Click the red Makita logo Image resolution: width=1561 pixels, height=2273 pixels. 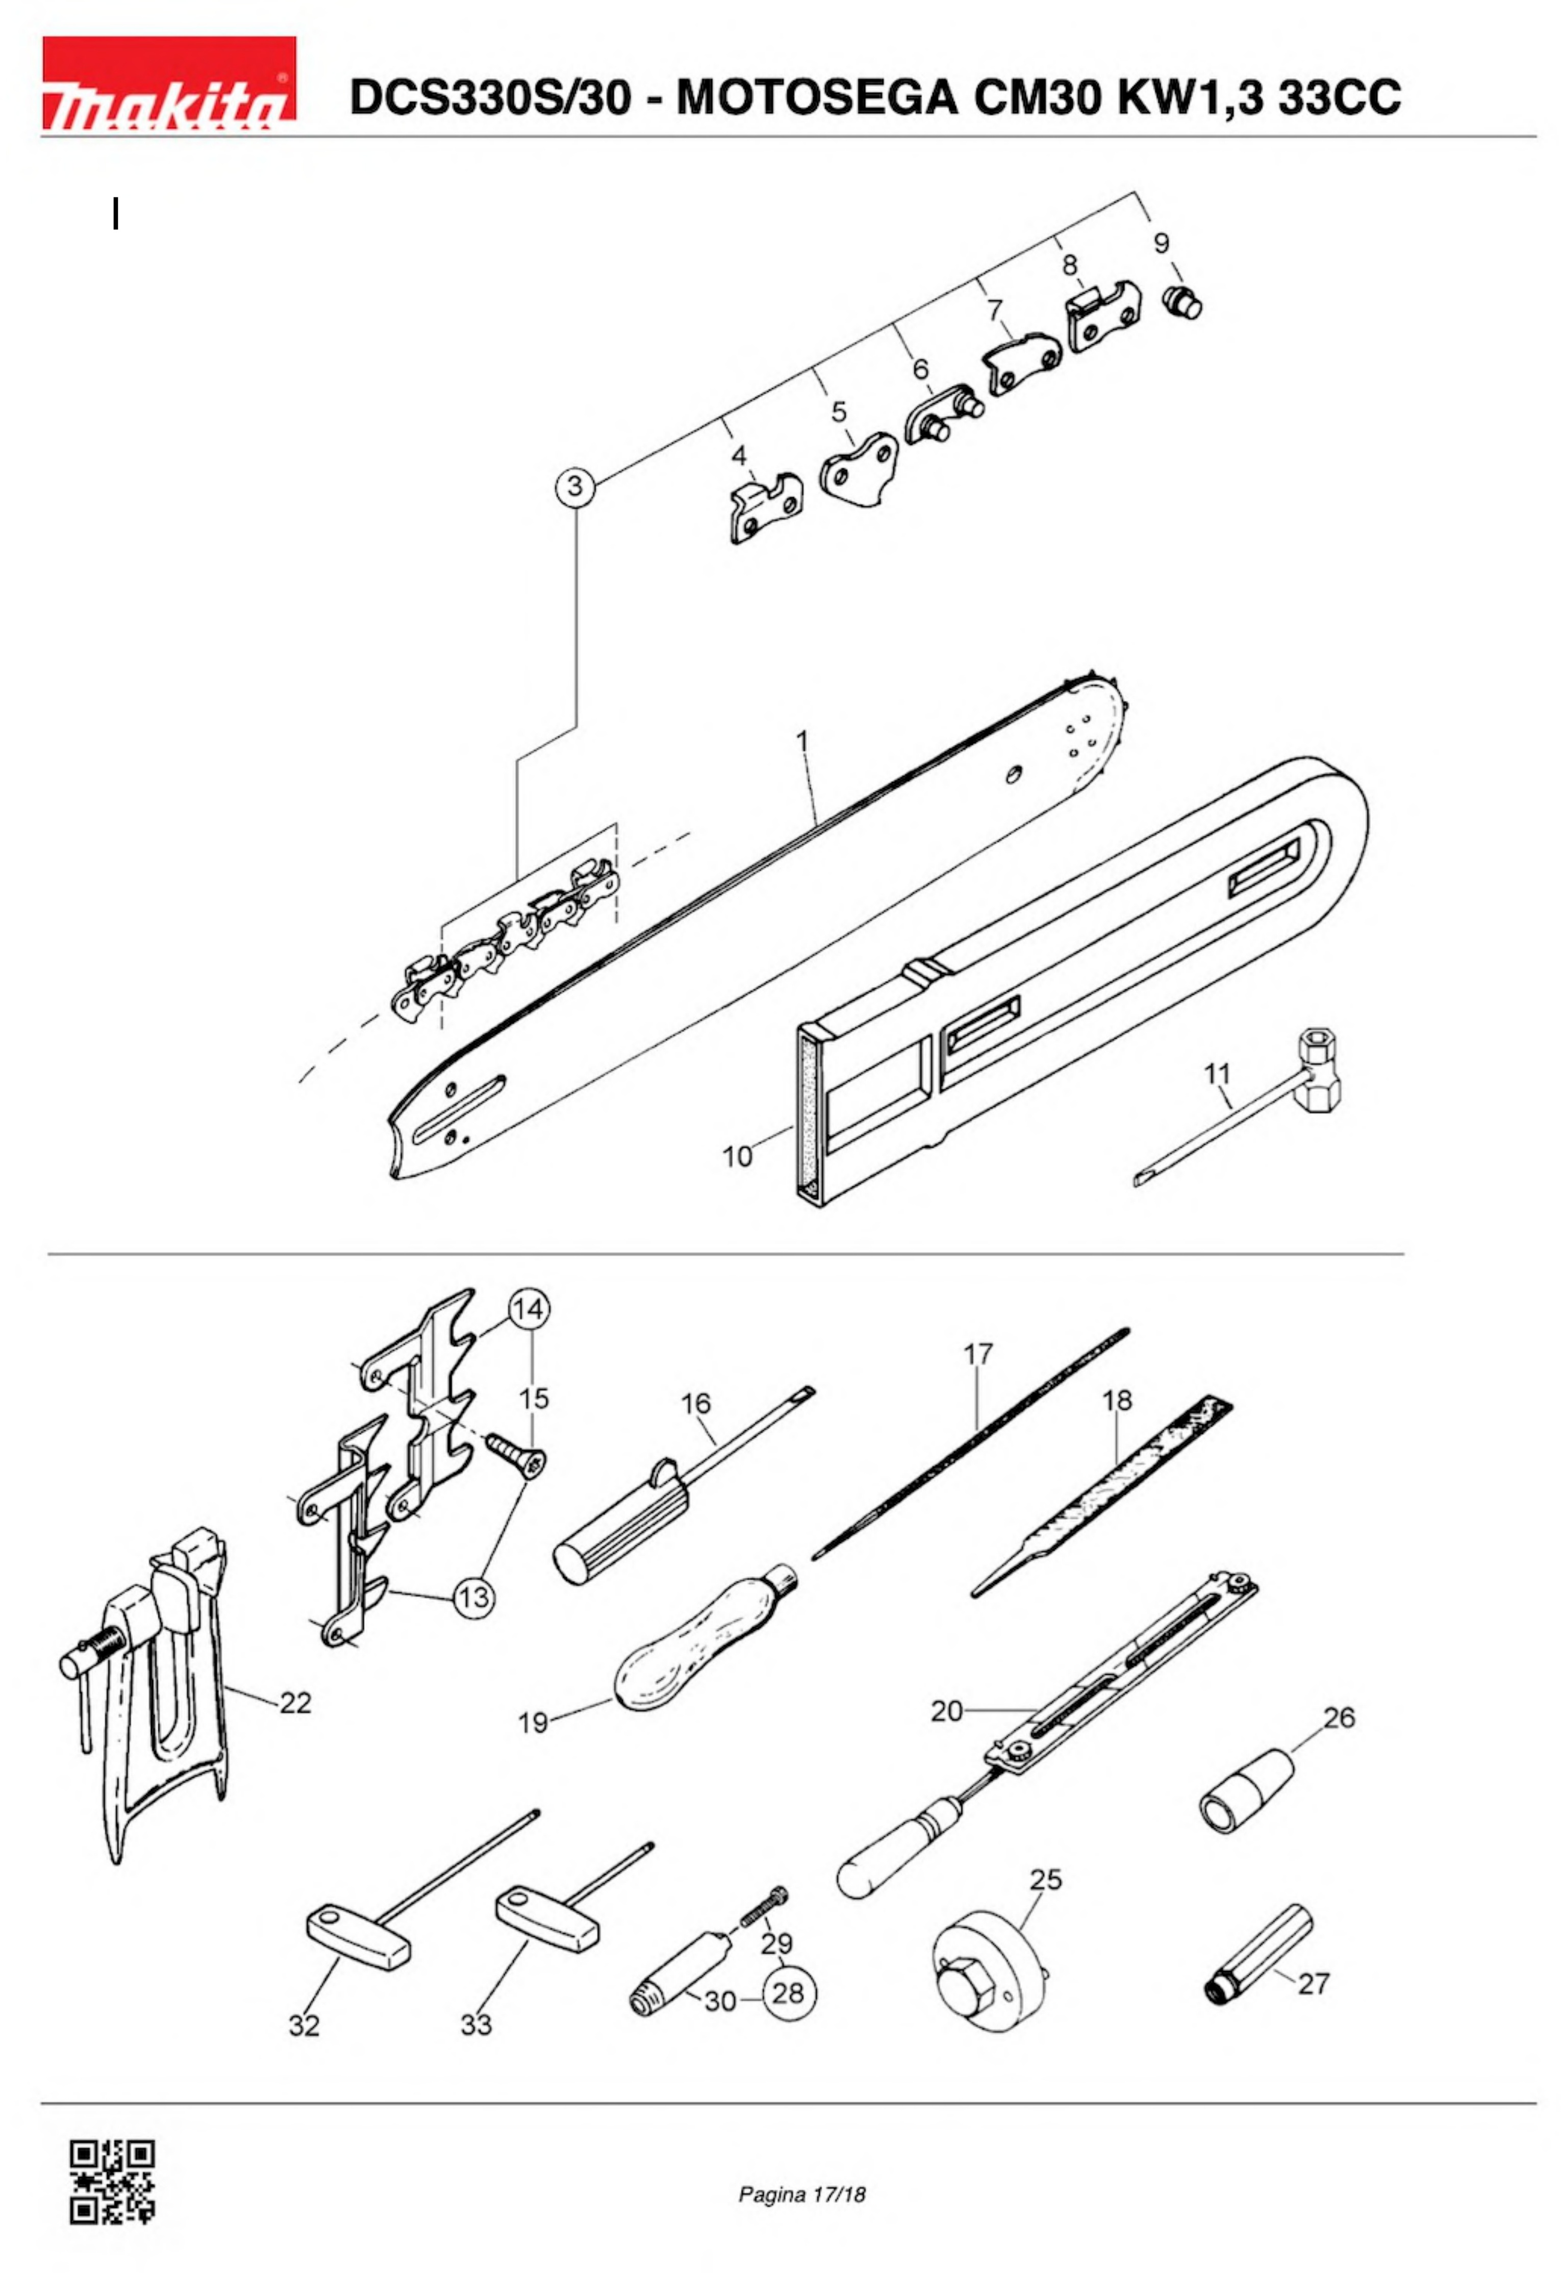(x=168, y=84)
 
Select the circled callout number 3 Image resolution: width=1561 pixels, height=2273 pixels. (x=575, y=486)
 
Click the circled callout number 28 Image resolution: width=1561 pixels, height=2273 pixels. (x=788, y=1992)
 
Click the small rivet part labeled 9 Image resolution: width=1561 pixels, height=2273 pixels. (x=1184, y=304)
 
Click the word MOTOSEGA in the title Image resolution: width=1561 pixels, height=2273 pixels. (x=817, y=98)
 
